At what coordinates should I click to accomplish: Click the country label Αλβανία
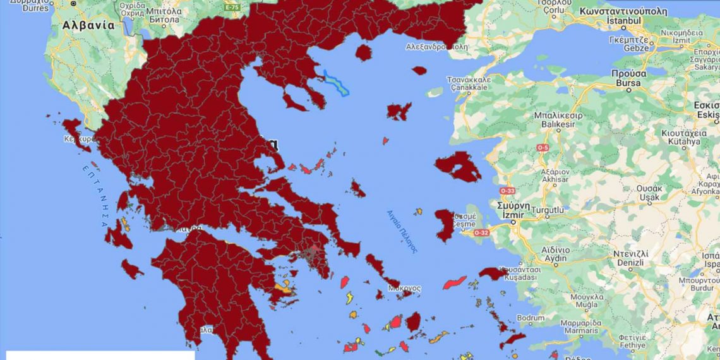[x=88, y=26]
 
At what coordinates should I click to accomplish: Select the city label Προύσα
[x=625, y=73]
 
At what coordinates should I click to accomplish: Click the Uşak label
[x=647, y=197]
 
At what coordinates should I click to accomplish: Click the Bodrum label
[x=529, y=317]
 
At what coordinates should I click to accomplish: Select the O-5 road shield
[x=543, y=148]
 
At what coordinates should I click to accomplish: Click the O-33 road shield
[x=507, y=190]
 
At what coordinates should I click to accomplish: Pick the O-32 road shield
[x=481, y=232]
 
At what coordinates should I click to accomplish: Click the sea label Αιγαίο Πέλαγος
[x=402, y=231]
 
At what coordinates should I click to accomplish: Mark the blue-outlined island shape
[x=336, y=83]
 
